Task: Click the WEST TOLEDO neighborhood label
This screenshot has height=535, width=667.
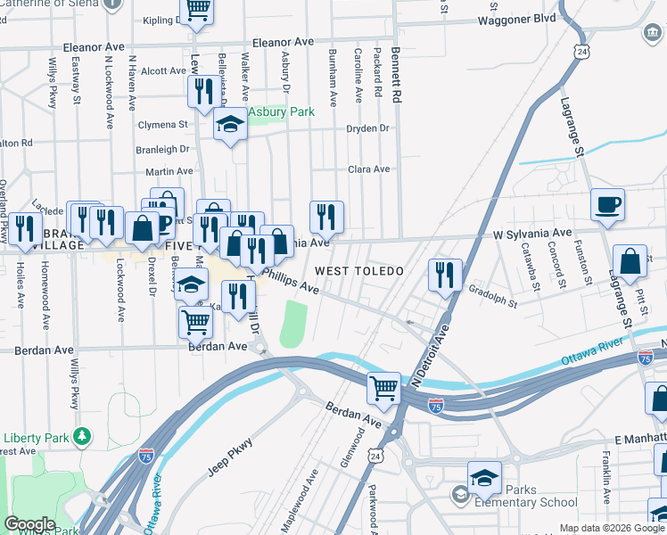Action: pos(358,270)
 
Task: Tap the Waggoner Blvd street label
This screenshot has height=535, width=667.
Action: pos(517,19)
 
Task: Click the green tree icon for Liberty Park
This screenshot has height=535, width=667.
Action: pos(82,436)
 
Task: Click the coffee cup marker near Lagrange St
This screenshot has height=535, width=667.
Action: pos(607,205)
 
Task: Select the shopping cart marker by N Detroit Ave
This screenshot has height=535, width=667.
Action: pos(383,387)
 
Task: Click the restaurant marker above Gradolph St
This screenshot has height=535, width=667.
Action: pos(445,275)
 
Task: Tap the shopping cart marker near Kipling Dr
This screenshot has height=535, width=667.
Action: pos(196,11)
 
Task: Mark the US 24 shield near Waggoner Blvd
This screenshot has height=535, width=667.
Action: pos(581,53)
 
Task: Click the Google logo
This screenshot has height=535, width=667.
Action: pos(29,524)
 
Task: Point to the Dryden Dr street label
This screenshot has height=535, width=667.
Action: pos(368,128)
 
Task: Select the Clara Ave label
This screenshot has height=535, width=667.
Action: pos(369,169)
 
